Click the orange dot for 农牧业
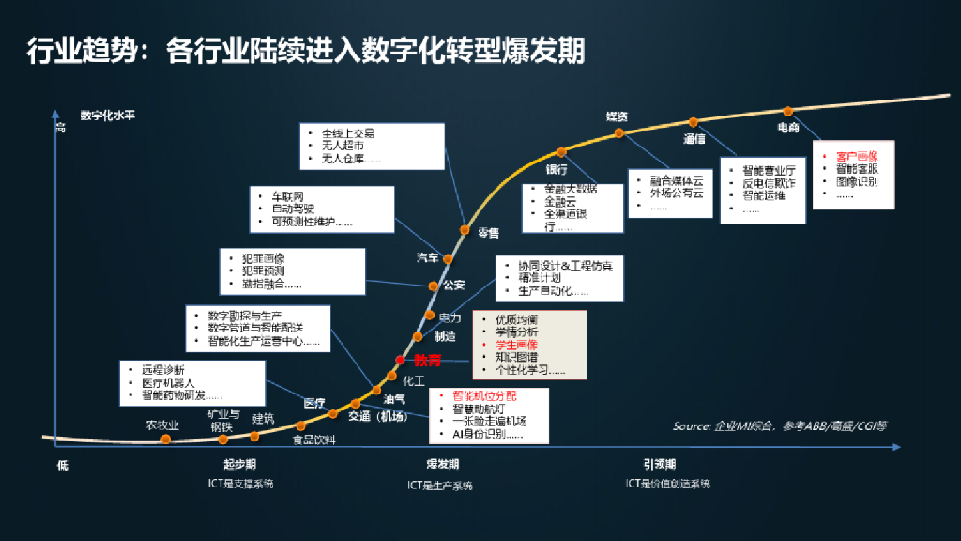(x=166, y=439)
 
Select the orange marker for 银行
(x=561, y=152)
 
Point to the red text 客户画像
(x=856, y=156)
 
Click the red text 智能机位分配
(x=484, y=396)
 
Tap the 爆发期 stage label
(x=442, y=465)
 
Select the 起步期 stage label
(x=240, y=465)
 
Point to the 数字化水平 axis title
(x=108, y=116)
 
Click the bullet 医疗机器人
(x=168, y=382)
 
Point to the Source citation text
(x=779, y=425)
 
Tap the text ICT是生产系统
(x=440, y=486)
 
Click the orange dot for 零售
(x=465, y=229)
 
